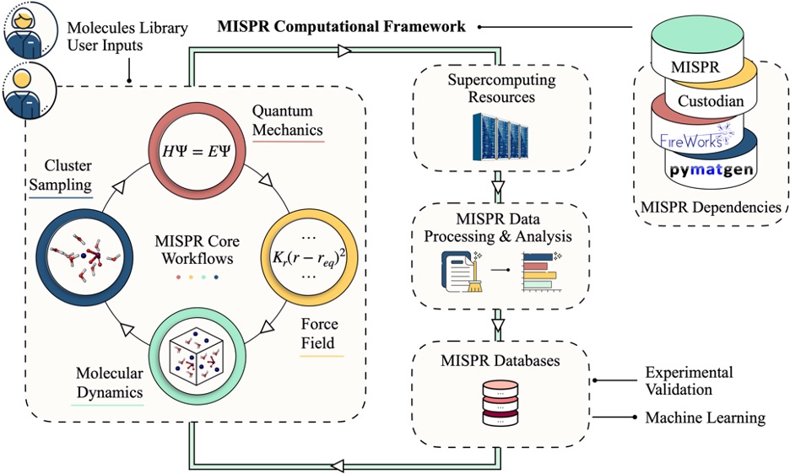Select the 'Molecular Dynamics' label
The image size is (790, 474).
(x=108, y=380)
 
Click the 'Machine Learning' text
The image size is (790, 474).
(x=705, y=417)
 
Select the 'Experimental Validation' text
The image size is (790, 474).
(x=689, y=380)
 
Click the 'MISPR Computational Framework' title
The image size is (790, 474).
(x=341, y=27)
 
